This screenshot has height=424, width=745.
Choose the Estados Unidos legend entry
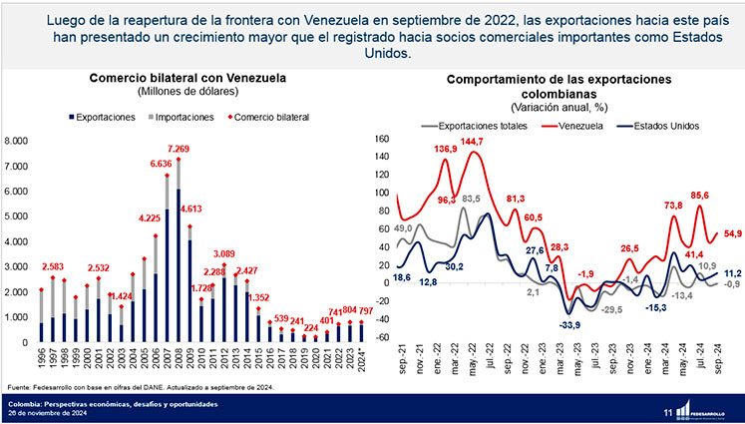[x=665, y=126]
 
